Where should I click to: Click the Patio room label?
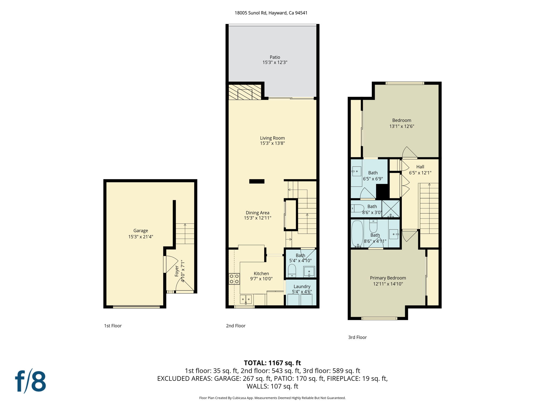tap(275, 57)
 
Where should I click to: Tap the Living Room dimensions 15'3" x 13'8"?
tap(272, 143)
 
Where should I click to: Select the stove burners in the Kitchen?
tap(234, 279)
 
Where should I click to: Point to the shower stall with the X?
tap(391, 208)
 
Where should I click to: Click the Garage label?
tap(141, 231)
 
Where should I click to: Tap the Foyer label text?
tap(177, 271)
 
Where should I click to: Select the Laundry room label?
tap(302, 287)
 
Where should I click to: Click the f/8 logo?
tap(30, 381)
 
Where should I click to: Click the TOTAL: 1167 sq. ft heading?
tap(272, 363)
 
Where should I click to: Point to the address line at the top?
tap(271, 13)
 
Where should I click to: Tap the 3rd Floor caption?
tap(357, 337)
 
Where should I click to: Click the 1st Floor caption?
tap(113, 326)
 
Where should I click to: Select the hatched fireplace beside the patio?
tap(245, 92)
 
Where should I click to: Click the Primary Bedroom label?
tap(388, 278)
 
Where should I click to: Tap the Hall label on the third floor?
tap(420, 167)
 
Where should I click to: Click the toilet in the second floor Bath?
tap(292, 270)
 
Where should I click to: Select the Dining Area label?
tap(257, 213)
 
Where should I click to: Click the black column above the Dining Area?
tap(257, 181)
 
